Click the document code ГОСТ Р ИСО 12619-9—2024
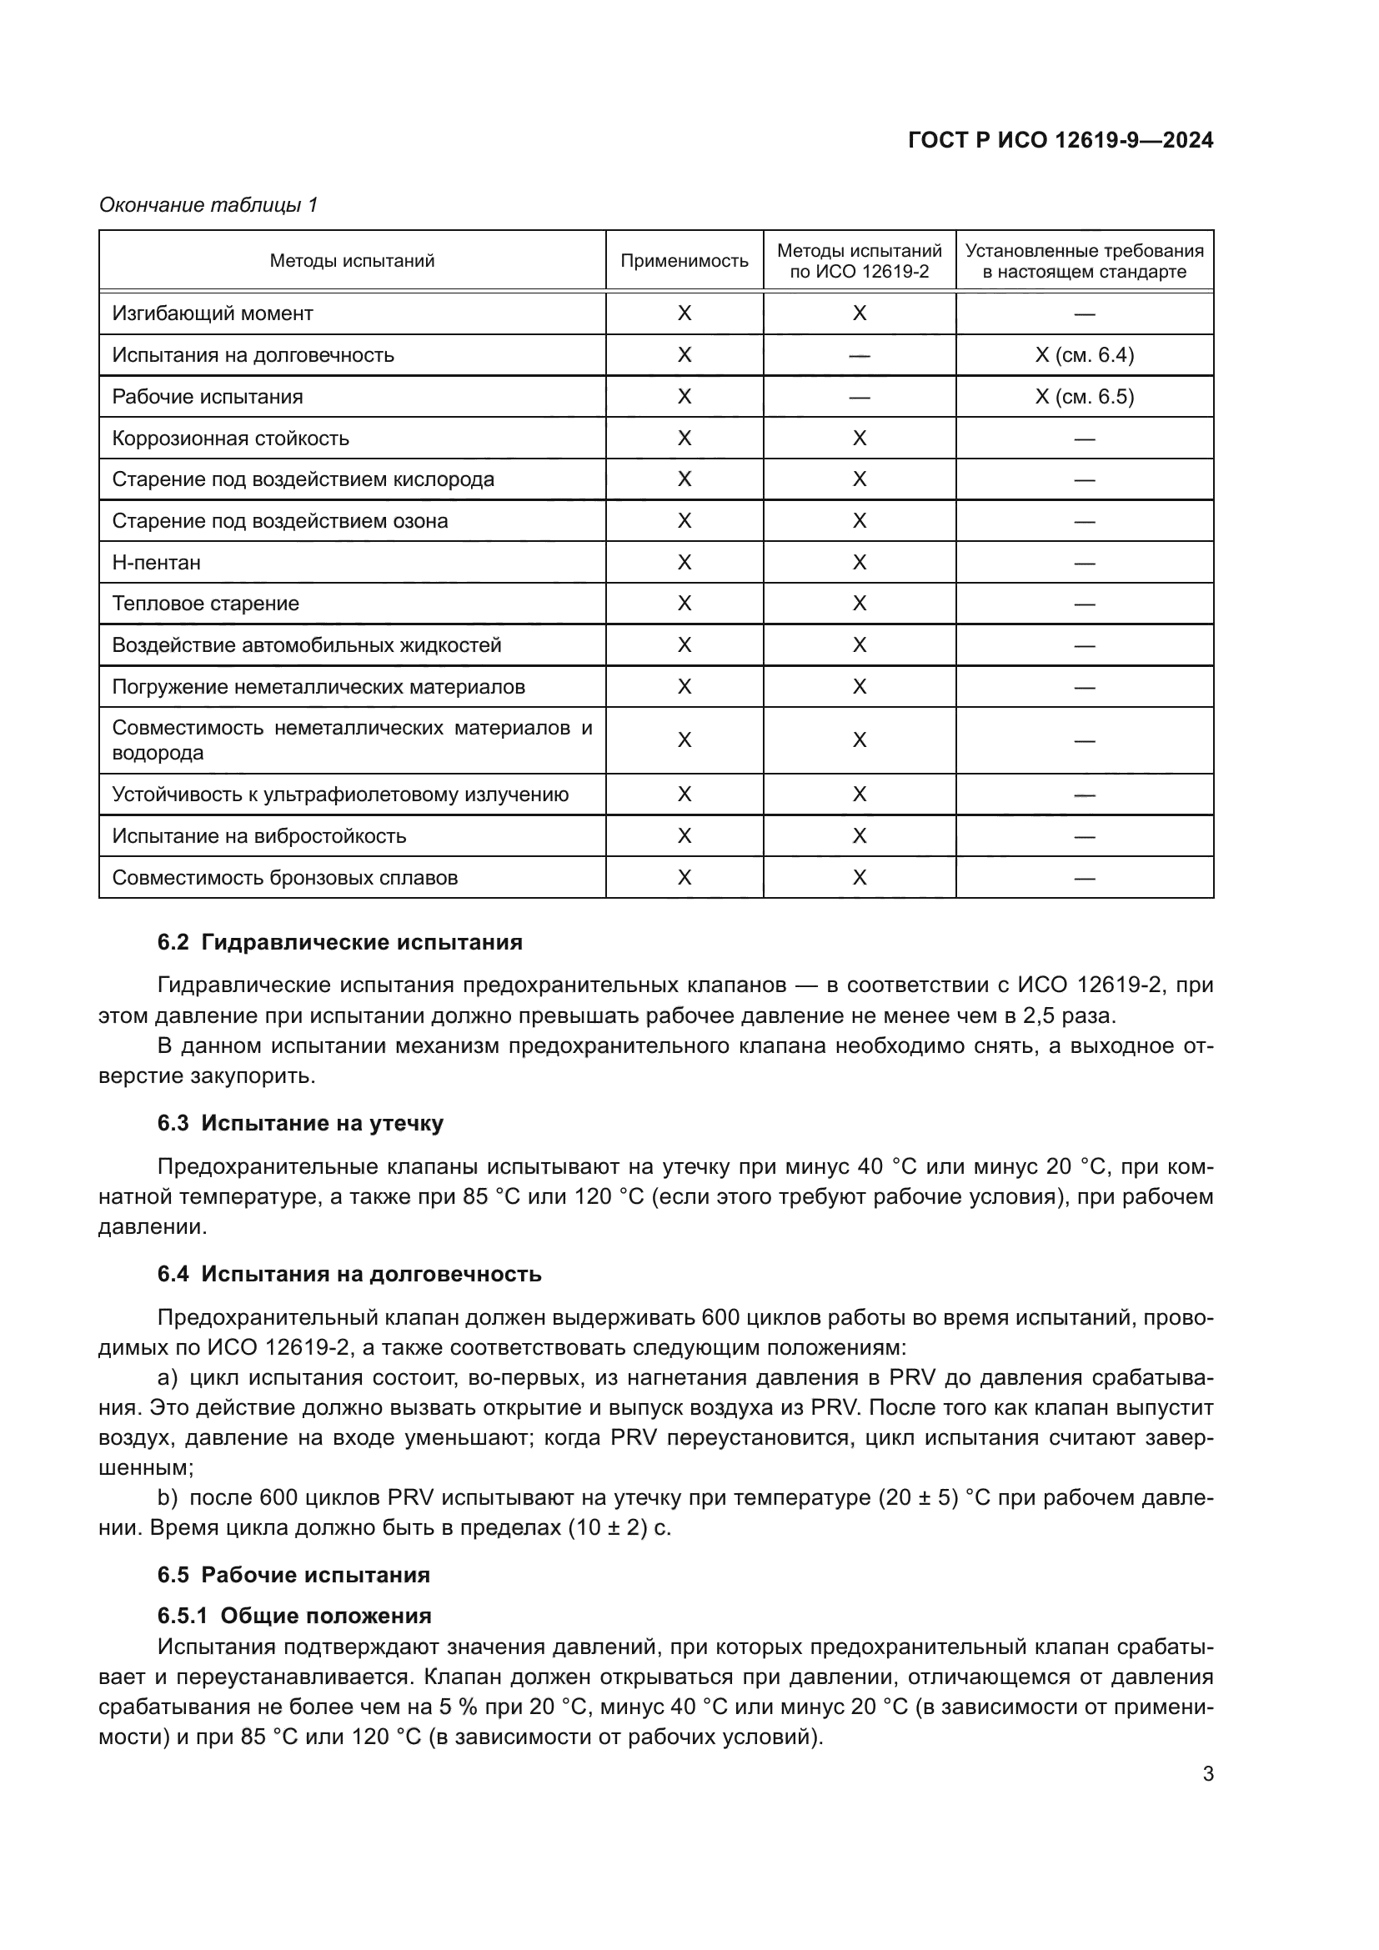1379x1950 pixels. [x=1060, y=140]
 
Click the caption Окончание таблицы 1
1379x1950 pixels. [x=208, y=205]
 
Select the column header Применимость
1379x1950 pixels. [x=684, y=261]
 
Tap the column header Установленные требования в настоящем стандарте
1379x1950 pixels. [x=1084, y=261]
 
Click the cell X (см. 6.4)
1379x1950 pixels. [x=1084, y=355]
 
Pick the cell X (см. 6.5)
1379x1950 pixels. [x=1084, y=397]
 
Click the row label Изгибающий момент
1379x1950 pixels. [x=213, y=313]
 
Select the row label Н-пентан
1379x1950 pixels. [x=156, y=562]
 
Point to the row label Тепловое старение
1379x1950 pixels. [x=205, y=604]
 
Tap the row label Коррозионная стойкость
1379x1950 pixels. [x=230, y=439]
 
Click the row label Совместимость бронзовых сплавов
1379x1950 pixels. [x=284, y=877]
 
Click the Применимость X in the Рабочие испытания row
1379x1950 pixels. [x=684, y=397]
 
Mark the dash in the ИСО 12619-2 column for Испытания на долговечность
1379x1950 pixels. [x=859, y=356]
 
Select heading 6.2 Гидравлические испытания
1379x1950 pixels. [x=339, y=942]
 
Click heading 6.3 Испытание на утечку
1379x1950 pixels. [x=300, y=1123]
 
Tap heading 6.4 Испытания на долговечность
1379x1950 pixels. [x=349, y=1274]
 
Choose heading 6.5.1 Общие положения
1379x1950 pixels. [x=293, y=1616]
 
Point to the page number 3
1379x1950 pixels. [x=1207, y=1773]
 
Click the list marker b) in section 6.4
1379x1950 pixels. [x=168, y=1496]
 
